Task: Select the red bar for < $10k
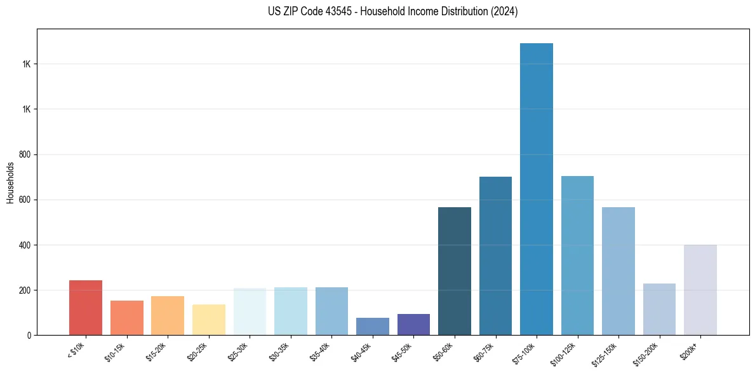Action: pos(86,308)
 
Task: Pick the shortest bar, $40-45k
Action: pos(373,326)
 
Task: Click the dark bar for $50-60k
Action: pos(455,271)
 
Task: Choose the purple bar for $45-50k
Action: pos(413,324)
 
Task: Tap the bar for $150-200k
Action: pos(659,309)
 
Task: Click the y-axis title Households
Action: pos(10,182)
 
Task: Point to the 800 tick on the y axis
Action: pos(26,154)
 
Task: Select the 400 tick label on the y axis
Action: pos(26,245)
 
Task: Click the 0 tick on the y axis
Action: pos(29,335)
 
